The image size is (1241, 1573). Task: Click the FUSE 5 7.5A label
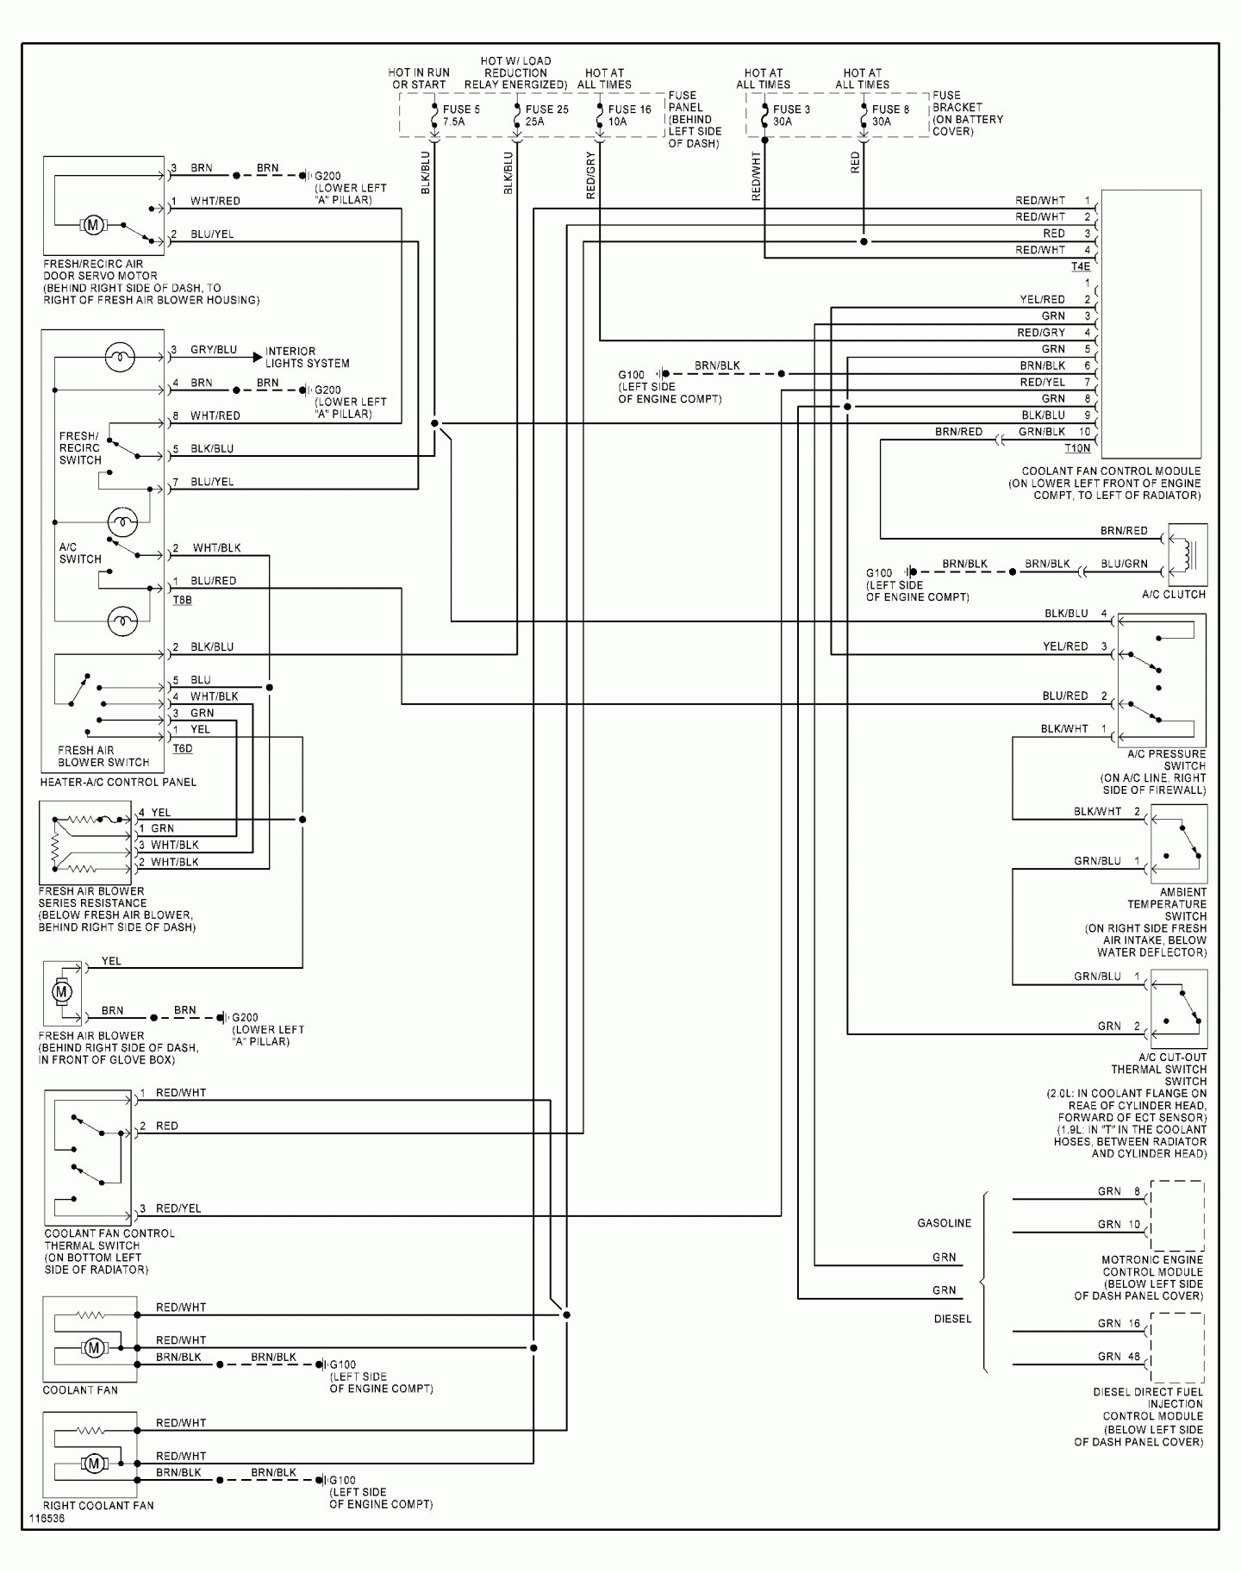[x=461, y=115]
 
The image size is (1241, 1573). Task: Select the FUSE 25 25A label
[x=546, y=115]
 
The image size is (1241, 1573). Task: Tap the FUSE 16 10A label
[x=629, y=115]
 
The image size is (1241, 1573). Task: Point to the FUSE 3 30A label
[x=791, y=115]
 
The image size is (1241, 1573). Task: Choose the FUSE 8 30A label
[x=890, y=115]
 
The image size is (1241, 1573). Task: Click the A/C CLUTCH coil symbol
[x=1188, y=555]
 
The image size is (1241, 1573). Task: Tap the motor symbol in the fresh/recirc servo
[x=92, y=226]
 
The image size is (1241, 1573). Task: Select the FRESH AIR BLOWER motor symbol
[x=62, y=992]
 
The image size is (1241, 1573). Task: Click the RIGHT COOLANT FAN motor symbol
[x=94, y=1463]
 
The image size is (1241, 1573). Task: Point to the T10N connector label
[x=1077, y=448]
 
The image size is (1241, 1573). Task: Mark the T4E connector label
[x=1081, y=267]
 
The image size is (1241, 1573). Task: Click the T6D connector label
[x=183, y=748]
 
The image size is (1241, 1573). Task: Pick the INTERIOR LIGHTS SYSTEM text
[x=307, y=358]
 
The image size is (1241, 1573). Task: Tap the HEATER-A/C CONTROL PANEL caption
[x=118, y=782]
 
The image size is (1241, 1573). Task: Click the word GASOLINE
[x=944, y=1223]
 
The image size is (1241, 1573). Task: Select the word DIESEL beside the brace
[x=952, y=1319]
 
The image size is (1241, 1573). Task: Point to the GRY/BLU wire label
[x=214, y=350]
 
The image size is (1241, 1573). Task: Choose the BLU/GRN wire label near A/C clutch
[x=1124, y=564]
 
